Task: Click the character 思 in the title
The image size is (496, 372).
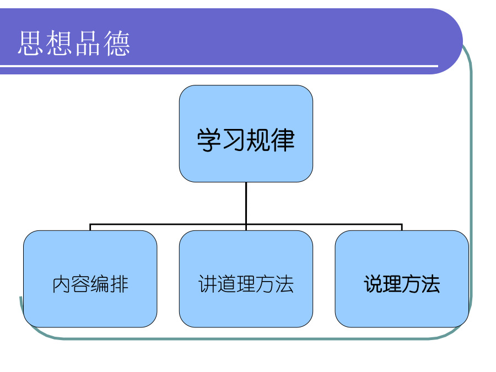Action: click(x=31, y=43)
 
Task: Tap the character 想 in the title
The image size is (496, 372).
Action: click(x=60, y=43)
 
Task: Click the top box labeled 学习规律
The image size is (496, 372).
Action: click(x=246, y=133)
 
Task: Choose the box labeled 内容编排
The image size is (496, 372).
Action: click(x=90, y=279)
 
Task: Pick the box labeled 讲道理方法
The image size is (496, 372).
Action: click(x=246, y=279)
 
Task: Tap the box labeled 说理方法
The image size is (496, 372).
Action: click(x=402, y=279)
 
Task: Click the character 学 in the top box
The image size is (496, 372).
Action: click(x=209, y=140)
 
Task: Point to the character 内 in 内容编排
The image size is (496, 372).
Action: click(x=61, y=284)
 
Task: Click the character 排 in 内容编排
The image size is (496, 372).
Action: click(x=119, y=284)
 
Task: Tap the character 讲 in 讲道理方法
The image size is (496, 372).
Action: click(x=208, y=284)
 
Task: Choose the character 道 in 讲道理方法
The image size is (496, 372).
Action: click(x=227, y=284)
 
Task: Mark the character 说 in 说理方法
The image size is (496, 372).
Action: click(x=373, y=284)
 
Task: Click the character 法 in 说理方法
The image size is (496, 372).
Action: click(x=430, y=284)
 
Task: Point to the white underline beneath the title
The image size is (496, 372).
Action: click(x=219, y=66)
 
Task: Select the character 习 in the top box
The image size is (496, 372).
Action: click(x=234, y=140)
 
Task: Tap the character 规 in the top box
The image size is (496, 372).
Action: click(x=258, y=140)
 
